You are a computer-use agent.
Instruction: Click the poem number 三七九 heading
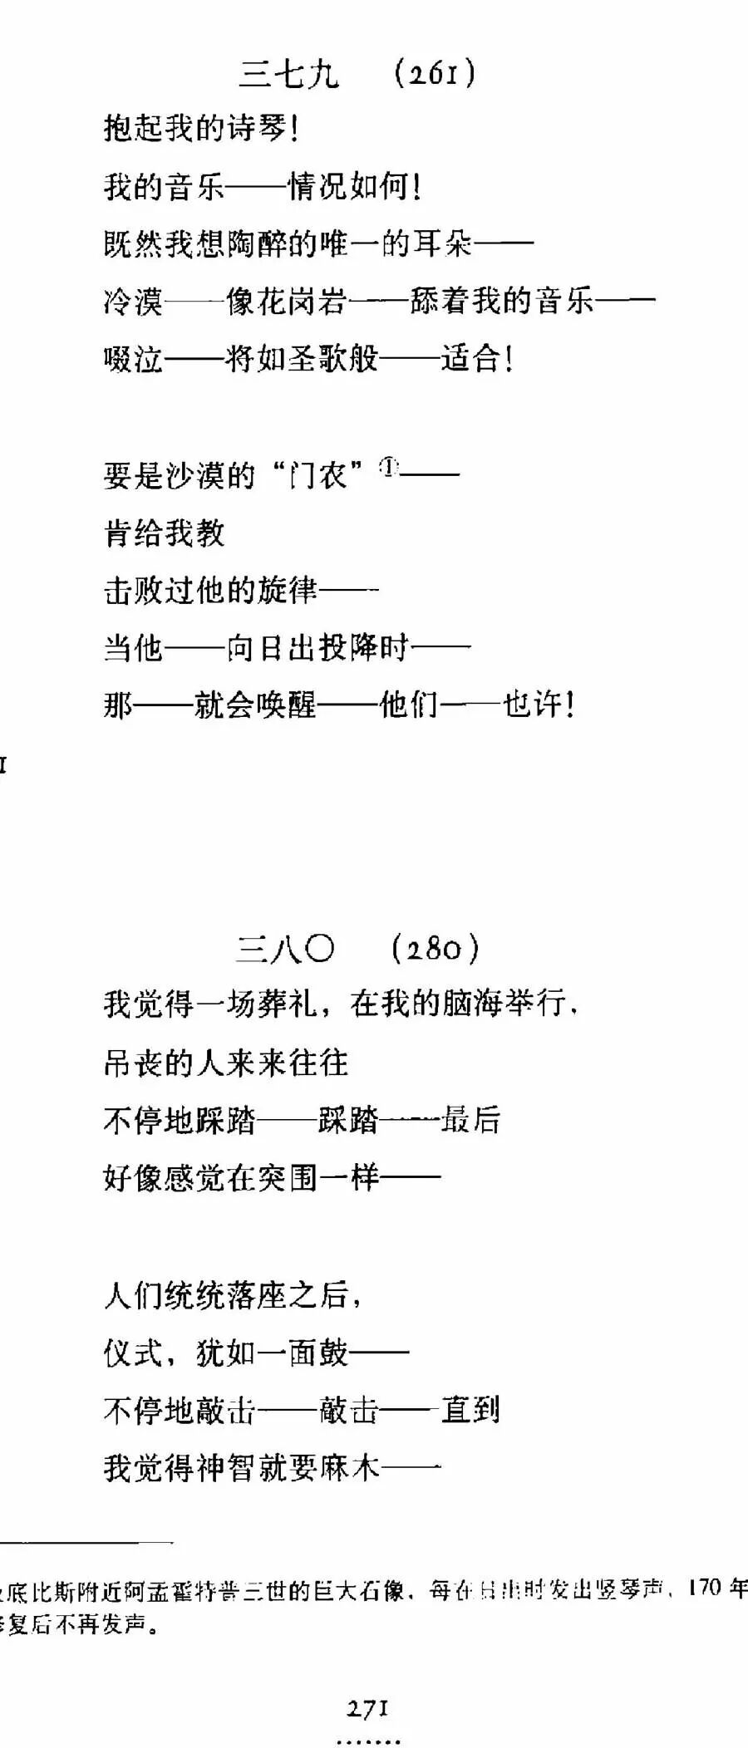pos(289,74)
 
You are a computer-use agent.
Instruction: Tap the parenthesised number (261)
pos(435,74)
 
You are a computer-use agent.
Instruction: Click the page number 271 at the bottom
pos(367,1710)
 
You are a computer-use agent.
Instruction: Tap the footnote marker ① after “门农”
pos(389,467)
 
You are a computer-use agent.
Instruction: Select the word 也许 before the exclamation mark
pos(533,705)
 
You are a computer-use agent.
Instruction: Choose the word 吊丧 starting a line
pos(134,1063)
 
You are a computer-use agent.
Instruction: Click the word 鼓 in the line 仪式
pos(333,1353)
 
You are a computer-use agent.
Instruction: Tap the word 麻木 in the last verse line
pos(349,1468)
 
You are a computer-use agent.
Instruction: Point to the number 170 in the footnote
pos(705,1588)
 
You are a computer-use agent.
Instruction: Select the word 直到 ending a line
pos(470,1410)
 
